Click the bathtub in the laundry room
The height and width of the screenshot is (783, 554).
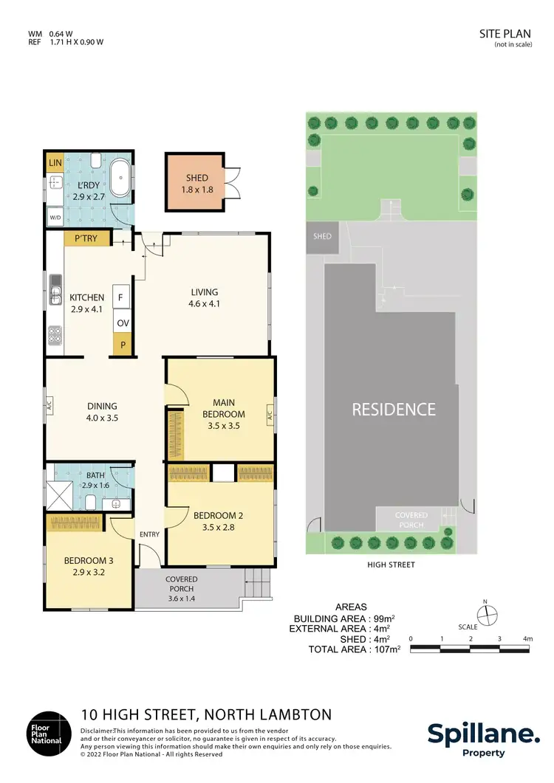pyautogui.click(x=121, y=179)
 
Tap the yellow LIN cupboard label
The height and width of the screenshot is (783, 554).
pyautogui.click(x=54, y=162)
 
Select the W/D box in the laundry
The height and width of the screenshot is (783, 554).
pyautogui.click(x=54, y=218)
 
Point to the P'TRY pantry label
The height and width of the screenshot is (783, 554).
pyautogui.click(x=87, y=238)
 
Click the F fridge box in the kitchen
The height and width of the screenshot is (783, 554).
pyautogui.click(x=121, y=297)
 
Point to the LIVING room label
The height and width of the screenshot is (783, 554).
pyautogui.click(x=204, y=292)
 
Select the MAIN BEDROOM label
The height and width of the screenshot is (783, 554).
pyautogui.click(x=224, y=408)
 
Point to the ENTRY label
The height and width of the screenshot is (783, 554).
pyautogui.click(x=150, y=534)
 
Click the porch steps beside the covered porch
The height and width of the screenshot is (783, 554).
pyautogui.click(x=258, y=586)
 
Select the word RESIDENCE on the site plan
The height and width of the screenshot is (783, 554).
pyautogui.click(x=393, y=409)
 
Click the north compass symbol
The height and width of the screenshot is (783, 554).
pyautogui.click(x=487, y=614)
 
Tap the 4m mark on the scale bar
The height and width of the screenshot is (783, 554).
pyautogui.click(x=527, y=638)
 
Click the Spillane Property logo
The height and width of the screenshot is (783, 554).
pyautogui.click(x=483, y=738)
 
